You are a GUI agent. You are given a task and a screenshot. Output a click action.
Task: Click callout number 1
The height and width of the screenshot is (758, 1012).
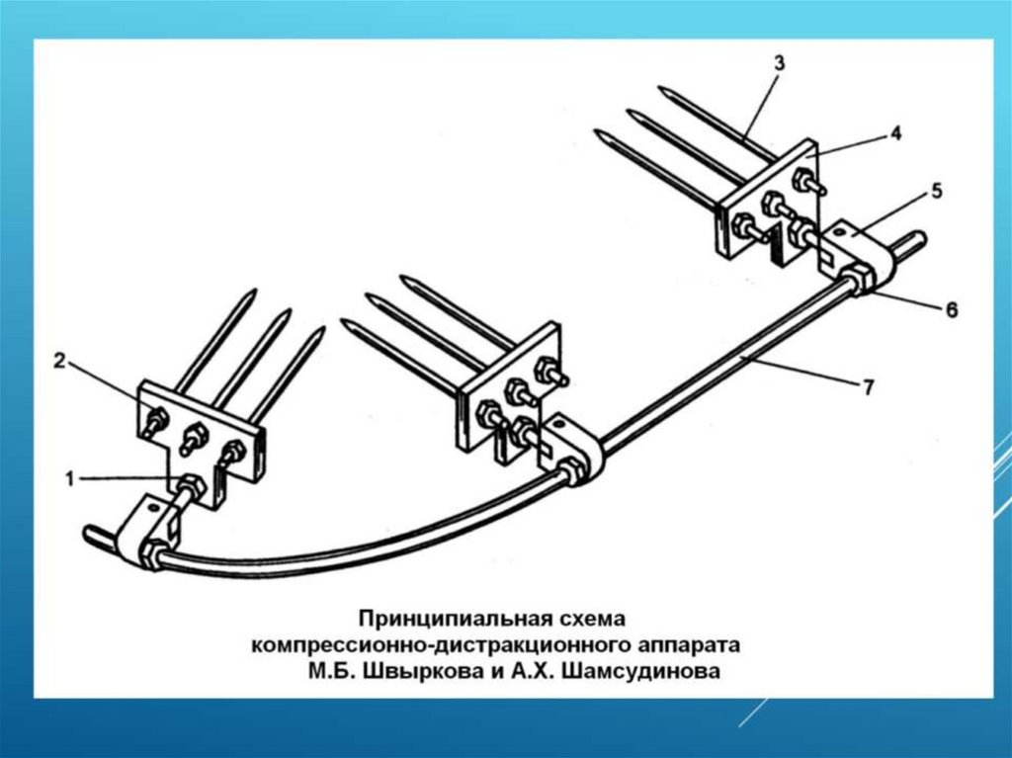point(70,479)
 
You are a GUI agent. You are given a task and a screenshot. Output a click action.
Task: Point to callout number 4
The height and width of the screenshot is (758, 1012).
point(894,134)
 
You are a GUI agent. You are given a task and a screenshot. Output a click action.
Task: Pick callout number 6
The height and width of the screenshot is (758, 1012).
point(950,308)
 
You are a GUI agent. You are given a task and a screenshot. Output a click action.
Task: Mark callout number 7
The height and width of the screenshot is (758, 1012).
point(867,387)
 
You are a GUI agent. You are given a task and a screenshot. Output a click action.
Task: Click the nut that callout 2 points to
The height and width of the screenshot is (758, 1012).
point(154,420)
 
